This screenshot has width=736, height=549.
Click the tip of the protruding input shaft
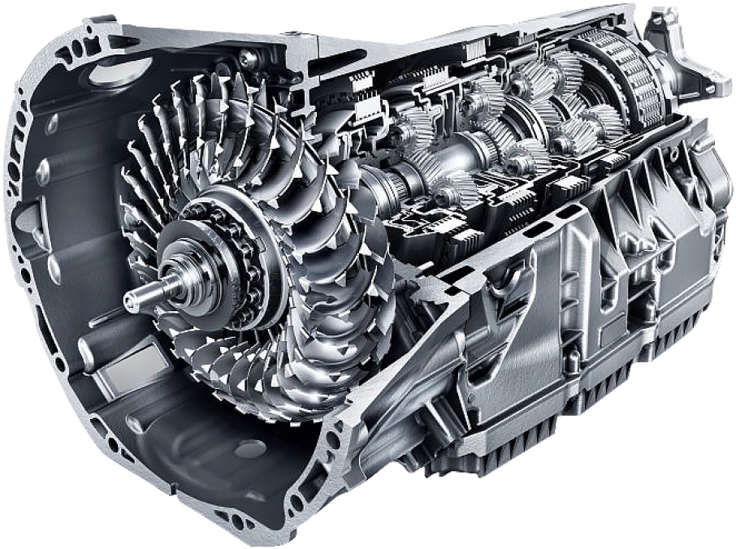(x=129, y=301)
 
